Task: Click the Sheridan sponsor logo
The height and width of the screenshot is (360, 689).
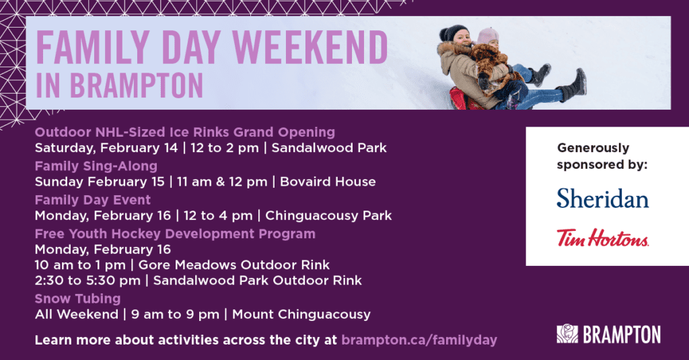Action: point(602,199)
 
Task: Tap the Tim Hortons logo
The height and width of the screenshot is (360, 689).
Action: point(602,238)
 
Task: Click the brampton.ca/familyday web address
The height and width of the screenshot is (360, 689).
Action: point(419,340)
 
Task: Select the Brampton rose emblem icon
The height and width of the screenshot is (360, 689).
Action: point(567,334)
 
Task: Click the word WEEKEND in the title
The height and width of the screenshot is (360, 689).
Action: point(310,48)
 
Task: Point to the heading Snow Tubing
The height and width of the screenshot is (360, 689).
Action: point(78,299)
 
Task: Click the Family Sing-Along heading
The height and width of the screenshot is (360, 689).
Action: point(96,166)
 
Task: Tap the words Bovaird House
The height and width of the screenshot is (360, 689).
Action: point(328,182)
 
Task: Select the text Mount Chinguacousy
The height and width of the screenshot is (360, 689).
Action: point(301,315)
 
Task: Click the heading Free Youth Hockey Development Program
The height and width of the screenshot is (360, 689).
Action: point(176,234)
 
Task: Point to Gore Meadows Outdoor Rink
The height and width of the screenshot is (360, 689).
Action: point(234,265)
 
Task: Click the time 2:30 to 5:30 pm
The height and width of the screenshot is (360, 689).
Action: point(88,281)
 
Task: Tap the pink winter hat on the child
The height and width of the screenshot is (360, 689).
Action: point(488,36)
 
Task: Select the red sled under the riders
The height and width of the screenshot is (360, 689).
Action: point(459,98)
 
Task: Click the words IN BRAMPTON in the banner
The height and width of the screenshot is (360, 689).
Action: point(119,85)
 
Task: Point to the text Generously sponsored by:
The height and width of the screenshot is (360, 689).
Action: point(602,157)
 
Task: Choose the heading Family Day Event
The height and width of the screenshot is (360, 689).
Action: point(93,200)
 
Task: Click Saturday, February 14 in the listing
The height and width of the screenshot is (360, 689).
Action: point(106,148)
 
